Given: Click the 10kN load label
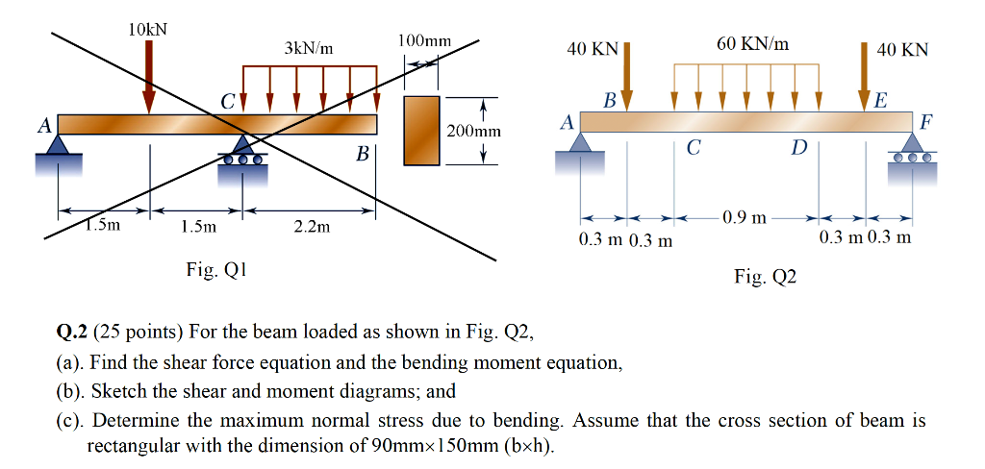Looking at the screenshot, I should tap(147, 29).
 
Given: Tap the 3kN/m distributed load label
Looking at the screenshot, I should tap(309, 48).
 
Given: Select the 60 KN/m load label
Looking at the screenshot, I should tap(752, 43).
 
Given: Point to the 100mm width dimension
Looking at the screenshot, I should tap(423, 42).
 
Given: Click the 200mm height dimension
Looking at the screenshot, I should tap(467, 130).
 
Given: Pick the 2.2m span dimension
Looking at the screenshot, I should tap(311, 227).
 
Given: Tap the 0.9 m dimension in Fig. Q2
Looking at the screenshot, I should tap(746, 217).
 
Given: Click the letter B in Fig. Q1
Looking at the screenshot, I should tap(363, 153).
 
